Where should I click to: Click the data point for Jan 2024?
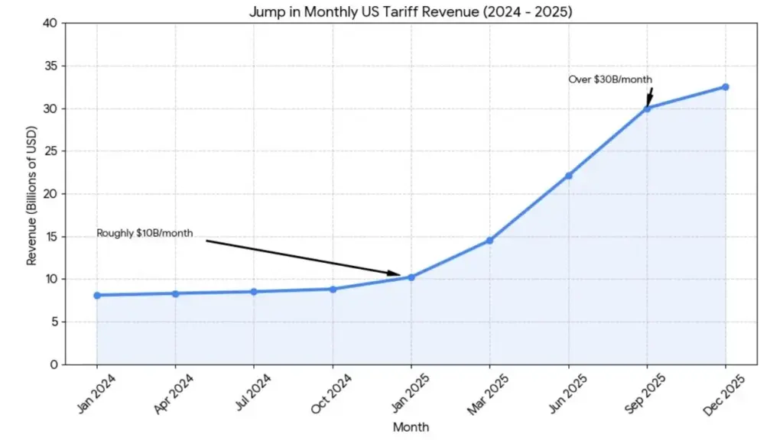pyautogui.click(x=97, y=295)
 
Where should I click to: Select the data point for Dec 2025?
pyautogui.click(x=725, y=87)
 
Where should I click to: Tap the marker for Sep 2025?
pyautogui.click(x=647, y=108)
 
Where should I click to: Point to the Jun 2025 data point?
pyautogui.click(x=568, y=176)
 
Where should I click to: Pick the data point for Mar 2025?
pyautogui.click(x=489, y=241)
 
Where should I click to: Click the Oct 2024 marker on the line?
pyautogui.click(x=333, y=289)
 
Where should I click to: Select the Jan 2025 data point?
pyautogui.click(x=411, y=277)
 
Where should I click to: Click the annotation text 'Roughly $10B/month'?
pyautogui.click(x=145, y=233)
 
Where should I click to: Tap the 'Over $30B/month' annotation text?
pyautogui.click(x=609, y=79)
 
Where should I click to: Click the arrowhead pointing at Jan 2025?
pyautogui.click(x=395, y=273)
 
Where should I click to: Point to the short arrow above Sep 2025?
pyautogui.click(x=649, y=96)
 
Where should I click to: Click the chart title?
pyautogui.click(x=411, y=12)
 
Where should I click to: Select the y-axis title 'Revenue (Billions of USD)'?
pyautogui.click(x=32, y=194)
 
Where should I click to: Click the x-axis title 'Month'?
pyautogui.click(x=411, y=427)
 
